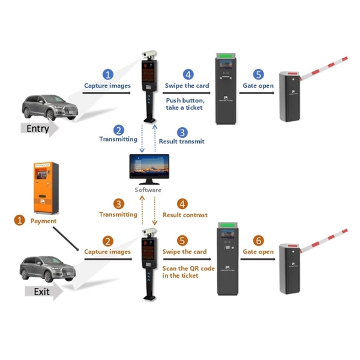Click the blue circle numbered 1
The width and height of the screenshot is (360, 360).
point(108,74)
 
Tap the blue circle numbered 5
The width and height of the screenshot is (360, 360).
point(258,74)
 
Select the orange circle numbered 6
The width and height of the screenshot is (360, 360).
point(258,240)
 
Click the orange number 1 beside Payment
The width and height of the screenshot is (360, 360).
point(19,221)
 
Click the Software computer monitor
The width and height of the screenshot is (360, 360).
point(148,170)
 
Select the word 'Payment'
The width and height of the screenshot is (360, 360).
point(43,221)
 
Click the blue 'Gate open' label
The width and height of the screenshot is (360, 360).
point(258,86)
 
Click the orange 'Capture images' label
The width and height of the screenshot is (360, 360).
point(107,252)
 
